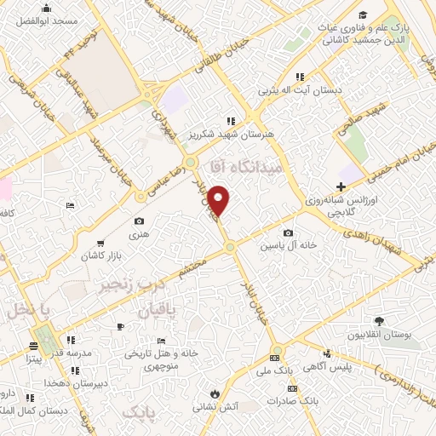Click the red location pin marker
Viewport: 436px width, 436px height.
tap(219, 200)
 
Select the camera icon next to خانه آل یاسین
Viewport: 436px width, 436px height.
tap(288, 232)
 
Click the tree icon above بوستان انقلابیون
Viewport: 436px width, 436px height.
tap(379, 320)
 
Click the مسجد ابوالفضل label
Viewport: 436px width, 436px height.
tap(50, 20)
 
